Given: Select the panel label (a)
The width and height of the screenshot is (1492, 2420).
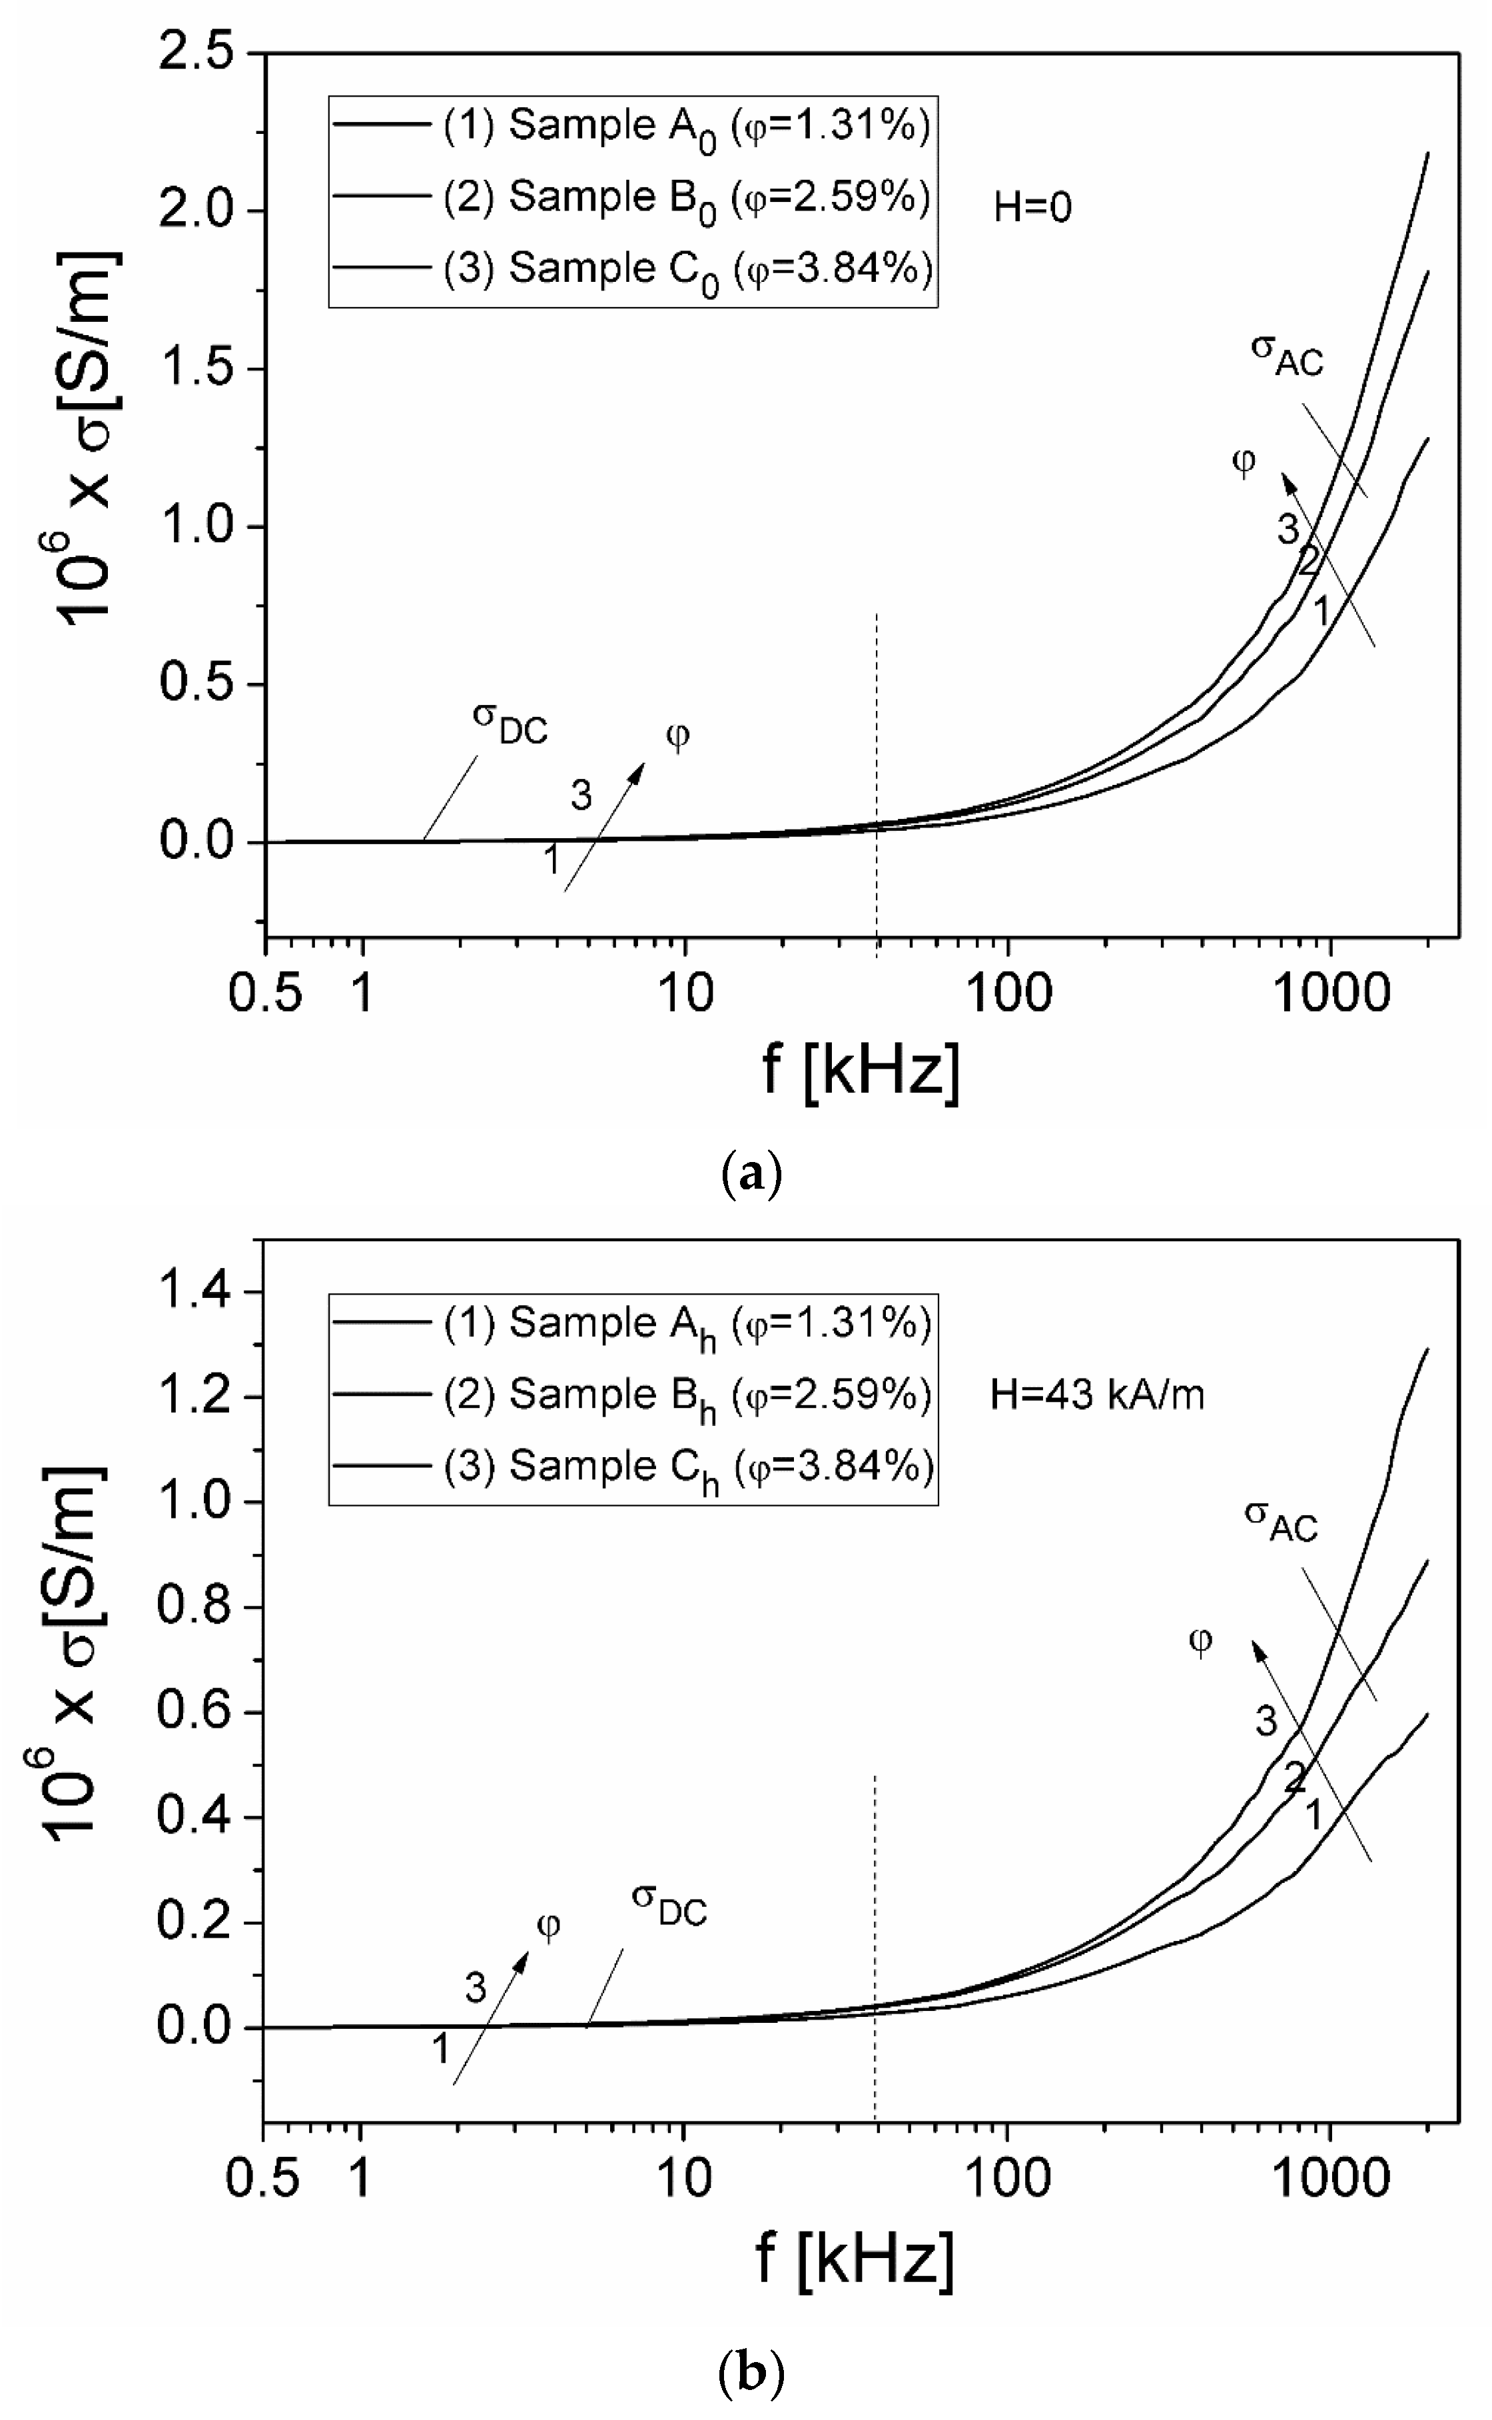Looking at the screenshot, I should tap(752, 1175).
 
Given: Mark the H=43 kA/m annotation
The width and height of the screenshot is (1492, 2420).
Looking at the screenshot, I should tap(1096, 1395).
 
